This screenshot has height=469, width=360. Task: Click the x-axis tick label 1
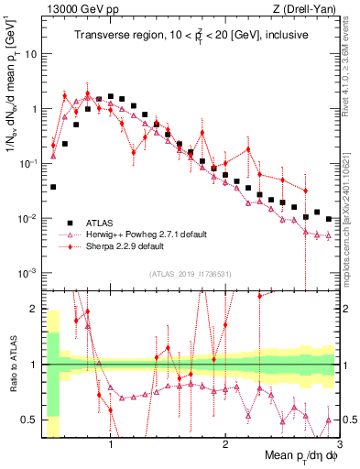click(111, 446)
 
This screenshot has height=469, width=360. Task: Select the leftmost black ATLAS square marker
click(53, 187)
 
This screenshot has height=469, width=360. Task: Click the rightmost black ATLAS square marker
click(329, 218)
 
